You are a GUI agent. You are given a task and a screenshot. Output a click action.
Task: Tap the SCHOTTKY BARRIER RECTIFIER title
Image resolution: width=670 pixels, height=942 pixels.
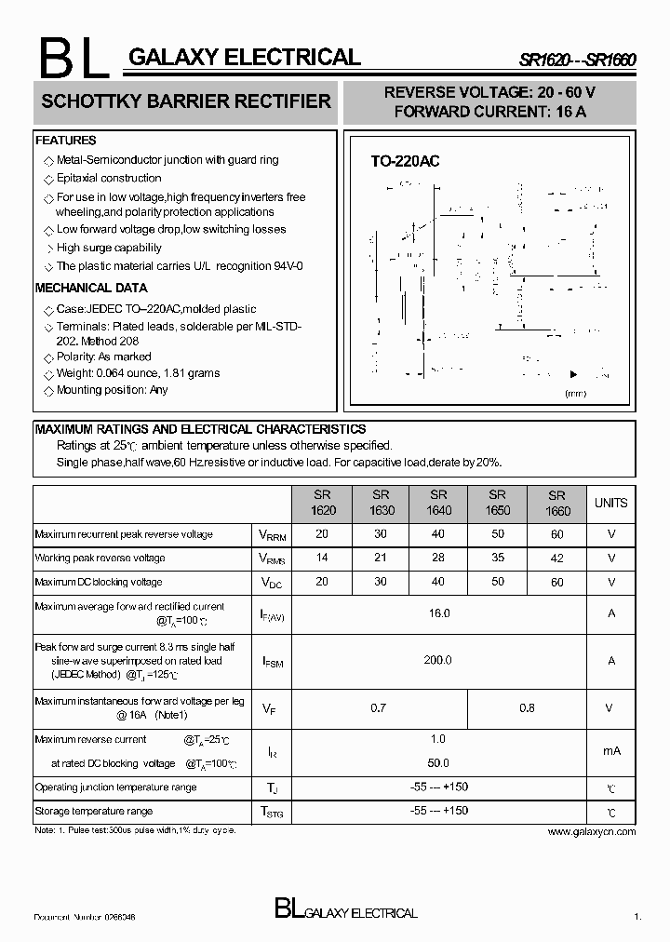pyautogui.click(x=186, y=101)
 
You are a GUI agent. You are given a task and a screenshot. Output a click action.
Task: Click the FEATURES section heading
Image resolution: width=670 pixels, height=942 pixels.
pyautogui.click(x=65, y=141)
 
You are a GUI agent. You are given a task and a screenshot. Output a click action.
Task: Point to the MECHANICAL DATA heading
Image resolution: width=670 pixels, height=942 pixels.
pyautogui.click(x=91, y=288)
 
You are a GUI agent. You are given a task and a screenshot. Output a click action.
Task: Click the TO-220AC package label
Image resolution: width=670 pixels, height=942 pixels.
pyautogui.click(x=405, y=161)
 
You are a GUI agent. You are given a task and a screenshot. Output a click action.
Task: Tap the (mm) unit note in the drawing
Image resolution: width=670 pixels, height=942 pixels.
pyautogui.click(x=575, y=394)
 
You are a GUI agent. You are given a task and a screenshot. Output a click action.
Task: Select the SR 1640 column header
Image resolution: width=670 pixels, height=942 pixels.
pyautogui.click(x=438, y=503)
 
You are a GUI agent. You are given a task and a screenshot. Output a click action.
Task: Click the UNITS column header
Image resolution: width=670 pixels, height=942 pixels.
pyautogui.click(x=610, y=503)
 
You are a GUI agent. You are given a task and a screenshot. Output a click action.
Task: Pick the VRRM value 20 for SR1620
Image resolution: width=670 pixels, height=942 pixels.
pyautogui.click(x=322, y=534)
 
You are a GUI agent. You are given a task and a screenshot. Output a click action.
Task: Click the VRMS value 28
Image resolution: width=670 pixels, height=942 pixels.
pyautogui.click(x=438, y=558)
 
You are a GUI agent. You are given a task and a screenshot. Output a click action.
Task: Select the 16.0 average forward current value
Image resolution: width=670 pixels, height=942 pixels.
pyautogui.click(x=438, y=613)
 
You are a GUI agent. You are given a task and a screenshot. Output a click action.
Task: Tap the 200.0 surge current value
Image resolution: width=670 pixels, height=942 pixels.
pyautogui.click(x=438, y=660)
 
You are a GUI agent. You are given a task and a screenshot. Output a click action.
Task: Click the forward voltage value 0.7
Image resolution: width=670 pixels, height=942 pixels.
pyautogui.click(x=378, y=708)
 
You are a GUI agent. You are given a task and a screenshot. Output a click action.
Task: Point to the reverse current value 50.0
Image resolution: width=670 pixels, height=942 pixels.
pyautogui.click(x=438, y=763)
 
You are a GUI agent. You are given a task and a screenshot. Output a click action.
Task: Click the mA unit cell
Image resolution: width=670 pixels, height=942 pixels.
pyautogui.click(x=610, y=751)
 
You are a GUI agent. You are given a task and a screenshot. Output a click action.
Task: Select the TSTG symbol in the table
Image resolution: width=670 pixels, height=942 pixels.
pyautogui.click(x=269, y=812)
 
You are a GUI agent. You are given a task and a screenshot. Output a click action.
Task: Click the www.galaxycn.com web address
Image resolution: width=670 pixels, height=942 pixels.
pyautogui.click(x=592, y=831)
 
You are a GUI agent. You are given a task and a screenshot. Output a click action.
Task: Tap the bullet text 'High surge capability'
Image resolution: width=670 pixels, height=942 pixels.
pyautogui.click(x=109, y=248)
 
